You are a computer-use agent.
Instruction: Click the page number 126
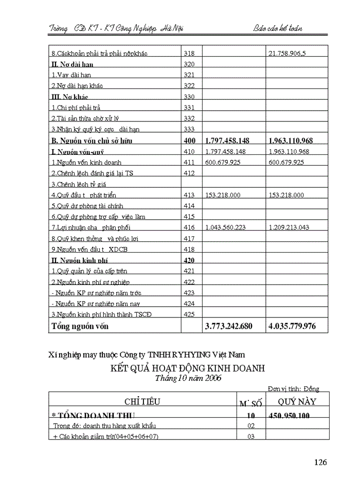[320, 462]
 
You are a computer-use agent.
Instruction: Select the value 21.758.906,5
[287, 54]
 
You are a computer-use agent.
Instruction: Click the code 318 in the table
[189, 54]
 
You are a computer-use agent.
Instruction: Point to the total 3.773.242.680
[229, 326]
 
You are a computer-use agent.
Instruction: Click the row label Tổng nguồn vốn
[80, 326]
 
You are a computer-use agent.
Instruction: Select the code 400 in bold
[189, 140]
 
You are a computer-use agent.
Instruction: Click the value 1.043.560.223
[225, 227]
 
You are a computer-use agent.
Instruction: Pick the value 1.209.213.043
[289, 227]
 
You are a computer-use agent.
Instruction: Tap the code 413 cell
[189, 195]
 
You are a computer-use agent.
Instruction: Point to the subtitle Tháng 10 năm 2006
[188, 378]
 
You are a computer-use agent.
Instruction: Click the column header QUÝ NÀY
[297, 401]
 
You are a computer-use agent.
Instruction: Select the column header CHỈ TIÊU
[142, 402]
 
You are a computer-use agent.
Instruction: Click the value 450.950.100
[289, 416]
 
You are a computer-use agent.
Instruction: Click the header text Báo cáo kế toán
[278, 28]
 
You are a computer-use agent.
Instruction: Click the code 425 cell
[189, 314]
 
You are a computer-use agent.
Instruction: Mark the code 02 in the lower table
[251, 426]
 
